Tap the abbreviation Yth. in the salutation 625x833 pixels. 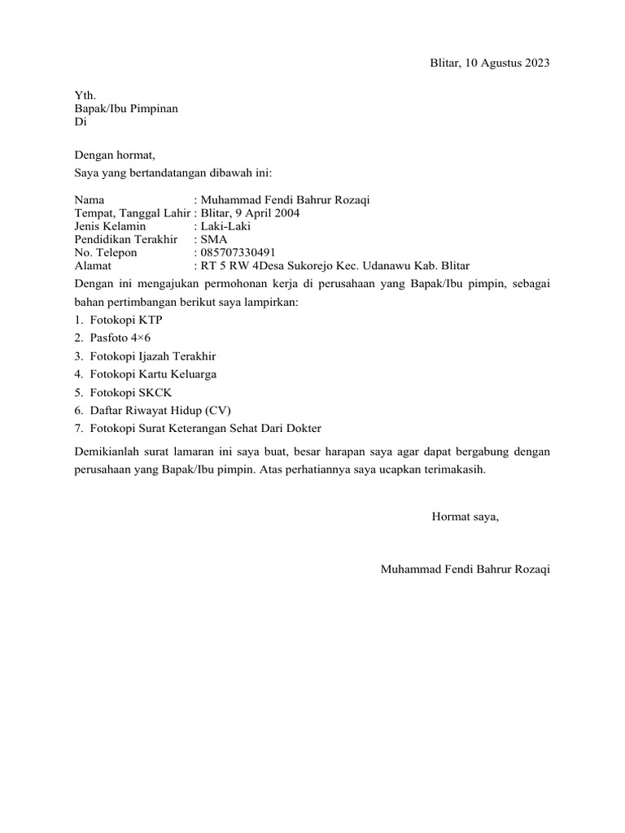[85, 95]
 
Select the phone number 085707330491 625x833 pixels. [243, 252]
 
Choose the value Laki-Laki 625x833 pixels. [226, 226]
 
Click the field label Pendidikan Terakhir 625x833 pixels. [125, 239]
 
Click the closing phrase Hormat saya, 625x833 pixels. [465, 517]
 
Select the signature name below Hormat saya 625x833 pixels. [465, 569]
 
